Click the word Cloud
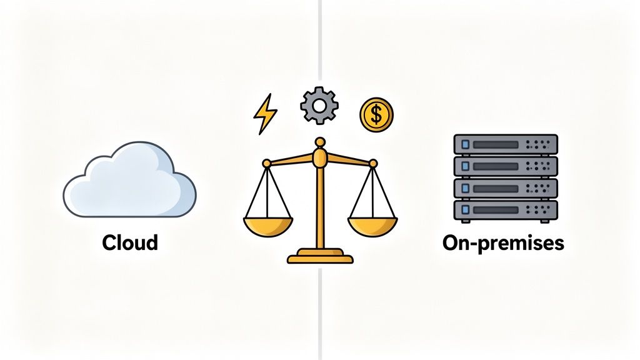pos(130,242)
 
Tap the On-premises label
pos(503,242)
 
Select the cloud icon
pos(129,181)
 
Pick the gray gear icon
pos(319,106)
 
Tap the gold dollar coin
pos(376,114)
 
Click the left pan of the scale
pos(267,224)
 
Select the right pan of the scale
pos(372,224)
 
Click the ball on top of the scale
pos(320,143)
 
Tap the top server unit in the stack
pos(505,144)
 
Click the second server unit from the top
pos(505,166)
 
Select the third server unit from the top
pos(505,188)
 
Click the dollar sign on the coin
pos(376,114)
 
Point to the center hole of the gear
pos(319,106)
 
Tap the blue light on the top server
pos(464,144)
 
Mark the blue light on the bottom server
pos(464,211)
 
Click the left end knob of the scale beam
pos(267,163)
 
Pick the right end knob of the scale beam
pos(373,163)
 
